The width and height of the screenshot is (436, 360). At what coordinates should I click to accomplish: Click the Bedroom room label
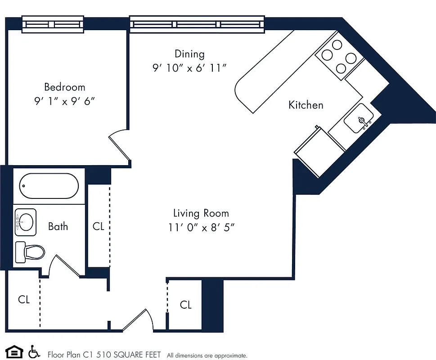click(64, 87)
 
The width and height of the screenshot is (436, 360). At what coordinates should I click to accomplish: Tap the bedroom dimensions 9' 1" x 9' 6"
click(64, 102)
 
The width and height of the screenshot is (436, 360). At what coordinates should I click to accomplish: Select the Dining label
click(189, 54)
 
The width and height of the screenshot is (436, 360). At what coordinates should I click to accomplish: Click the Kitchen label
click(306, 105)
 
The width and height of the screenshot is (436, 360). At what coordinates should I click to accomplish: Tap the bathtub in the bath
click(49, 186)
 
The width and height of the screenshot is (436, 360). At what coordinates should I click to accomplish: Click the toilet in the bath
click(30, 252)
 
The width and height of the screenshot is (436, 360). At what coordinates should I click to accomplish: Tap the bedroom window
click(53, 24)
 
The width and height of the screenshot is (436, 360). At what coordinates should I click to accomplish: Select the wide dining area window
click(197, 24)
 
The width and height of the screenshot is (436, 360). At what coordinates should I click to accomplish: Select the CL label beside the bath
click(99, 226)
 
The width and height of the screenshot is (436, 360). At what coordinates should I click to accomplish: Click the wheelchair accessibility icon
click(33, 351)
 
